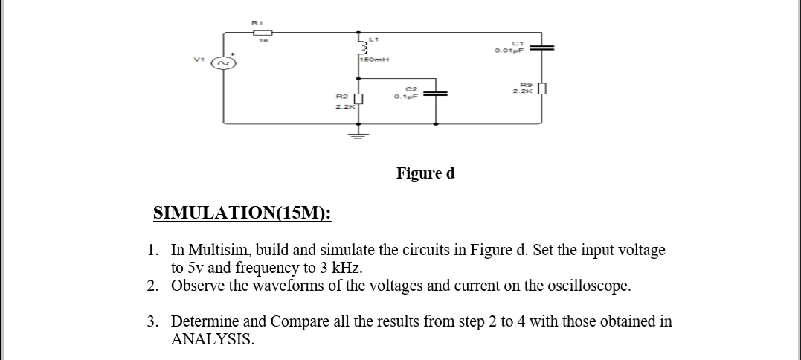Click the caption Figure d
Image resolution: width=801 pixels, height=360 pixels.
pos(425,173)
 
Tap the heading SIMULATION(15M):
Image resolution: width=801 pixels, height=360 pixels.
pos(242,214)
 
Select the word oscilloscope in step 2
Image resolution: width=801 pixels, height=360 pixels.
pos(553,286)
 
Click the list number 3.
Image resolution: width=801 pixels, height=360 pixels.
pos(152,321)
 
